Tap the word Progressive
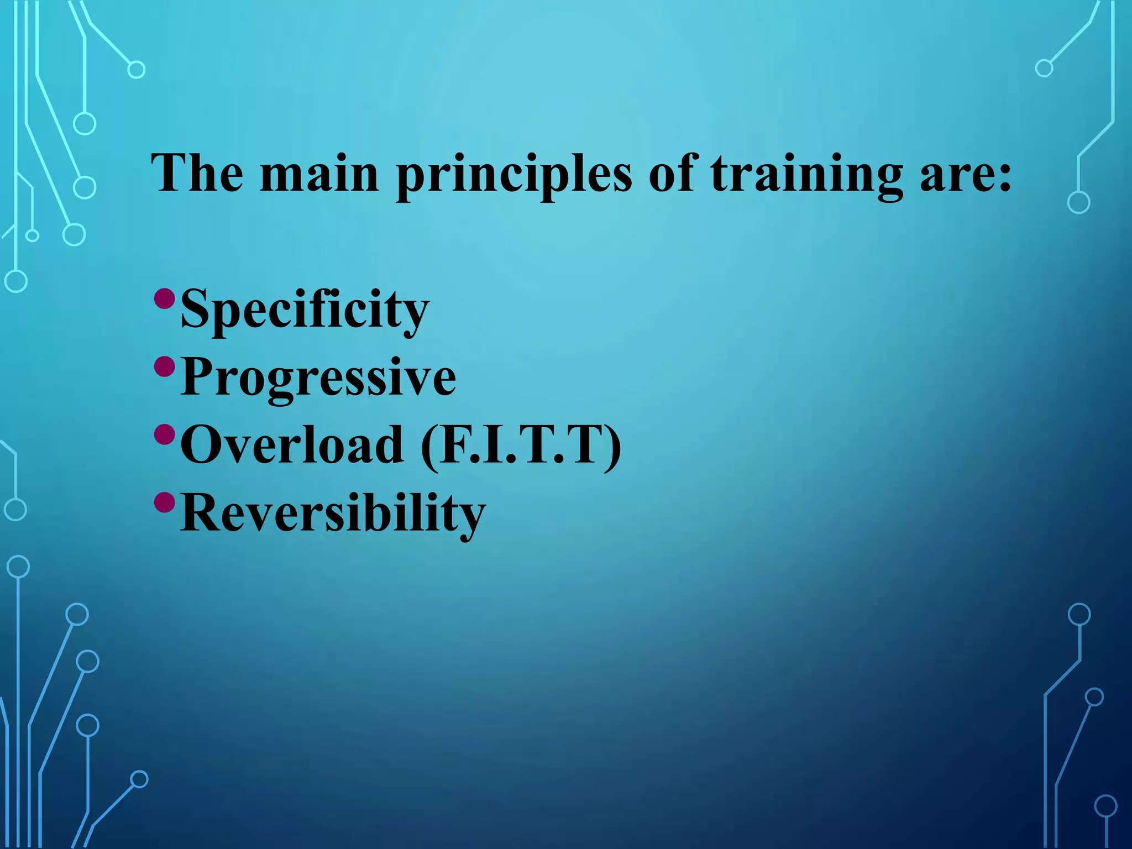(x=318, y=378)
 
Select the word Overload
(x=292, y=445)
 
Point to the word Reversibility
(x=333, y=513)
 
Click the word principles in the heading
(x=513, y=175)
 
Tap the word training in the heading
(x=806, y=175)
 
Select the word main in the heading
(x=319, y=174)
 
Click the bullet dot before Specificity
(x=165, y=299)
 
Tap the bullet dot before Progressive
(x=165, y=366)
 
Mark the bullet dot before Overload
(x=165, y=434)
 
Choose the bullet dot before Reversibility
(x=165, y=502)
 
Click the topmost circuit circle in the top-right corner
(x=1044, y=69)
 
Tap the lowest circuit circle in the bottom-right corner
(x=1105, y=806)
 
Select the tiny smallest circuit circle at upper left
(x=33, y=236)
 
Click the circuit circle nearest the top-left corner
(x=136, y=70)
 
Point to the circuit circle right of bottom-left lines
(x=139, y=779)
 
